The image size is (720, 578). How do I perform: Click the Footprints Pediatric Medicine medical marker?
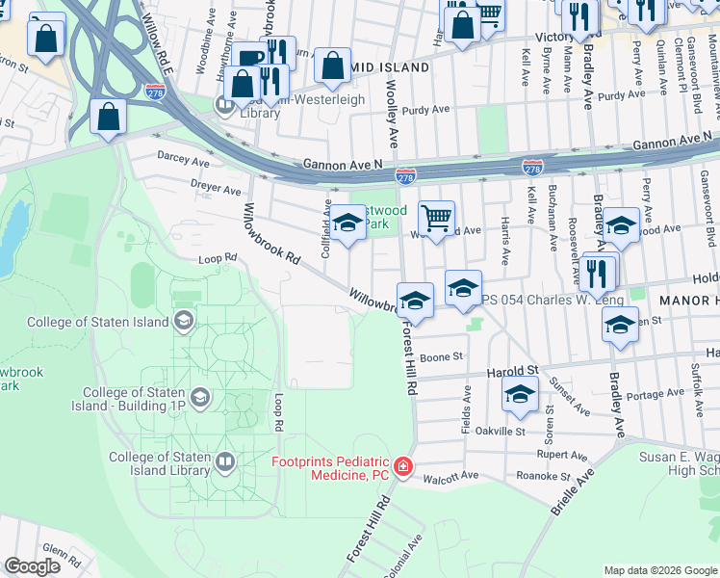click(x=403, y=468)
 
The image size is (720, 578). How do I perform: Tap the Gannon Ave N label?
click(x=342, y=165)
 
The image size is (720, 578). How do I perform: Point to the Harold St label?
click(x=510, y=371)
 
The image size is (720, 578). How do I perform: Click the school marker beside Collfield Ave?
click(x=348, y=224)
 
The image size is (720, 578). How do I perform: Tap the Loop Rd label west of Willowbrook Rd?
click(x=217, y=258)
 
